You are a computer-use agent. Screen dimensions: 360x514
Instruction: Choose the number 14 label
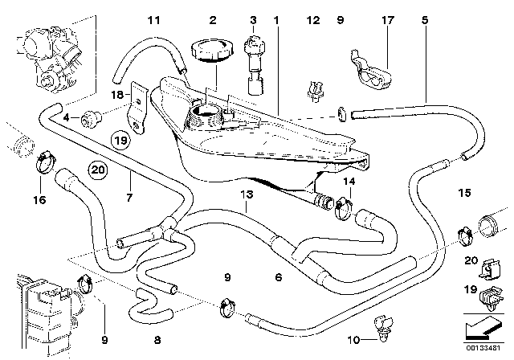click(348, 182)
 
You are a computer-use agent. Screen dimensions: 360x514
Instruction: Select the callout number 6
click(277, 278)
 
